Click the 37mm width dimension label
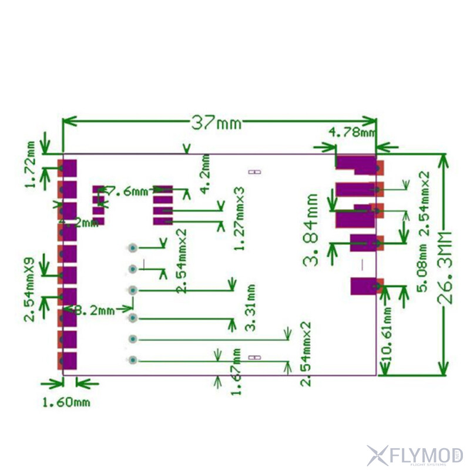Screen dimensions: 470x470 point(216,122)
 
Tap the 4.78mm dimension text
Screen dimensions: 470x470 point(351,132)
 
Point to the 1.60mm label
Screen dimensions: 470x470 point(66,402)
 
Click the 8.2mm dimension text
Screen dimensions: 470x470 point(96,310)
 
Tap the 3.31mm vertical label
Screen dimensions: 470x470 point(251,308)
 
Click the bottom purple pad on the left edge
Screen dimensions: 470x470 point(69,360)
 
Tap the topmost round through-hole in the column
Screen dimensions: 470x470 point(133,247)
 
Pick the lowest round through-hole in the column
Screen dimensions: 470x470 point(133,360)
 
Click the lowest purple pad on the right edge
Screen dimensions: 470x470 point(364,287)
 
